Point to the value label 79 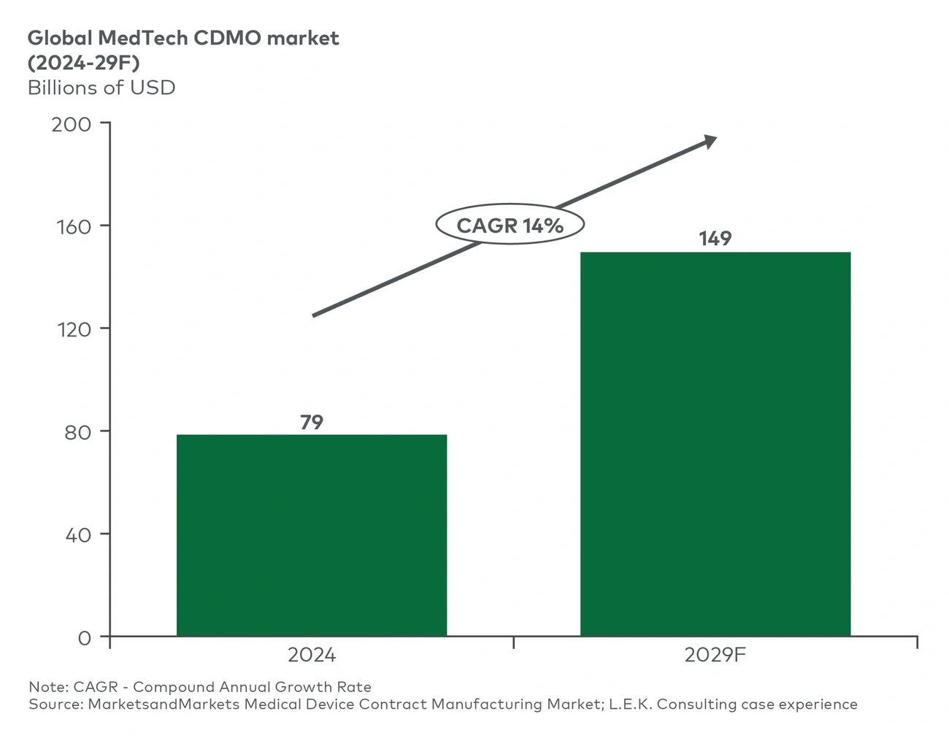point(312,422)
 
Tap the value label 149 point(715,239)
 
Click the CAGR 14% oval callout point(510,225)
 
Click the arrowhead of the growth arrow point(709,142)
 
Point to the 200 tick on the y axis point(72,124)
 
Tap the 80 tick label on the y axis point(77,432)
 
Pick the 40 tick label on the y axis point(77,535)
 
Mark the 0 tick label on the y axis point(85,638)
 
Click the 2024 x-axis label point(312,655)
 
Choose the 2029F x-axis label point(715,655)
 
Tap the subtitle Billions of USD point(101,88)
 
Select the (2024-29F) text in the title point(83,62)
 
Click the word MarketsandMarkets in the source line point(164,704)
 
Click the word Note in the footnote point(47,687)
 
